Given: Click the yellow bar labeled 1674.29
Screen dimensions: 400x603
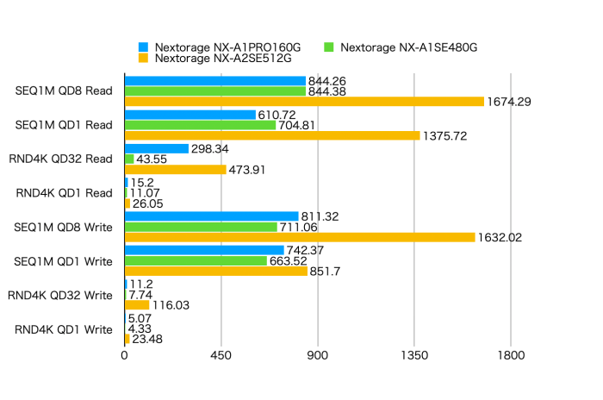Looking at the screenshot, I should click(304, 101).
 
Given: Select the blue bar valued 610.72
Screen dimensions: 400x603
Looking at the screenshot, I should click(190, 115).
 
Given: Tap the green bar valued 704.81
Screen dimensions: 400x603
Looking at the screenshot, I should click(200, 125).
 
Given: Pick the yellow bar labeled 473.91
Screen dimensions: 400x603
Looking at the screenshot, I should click(176, 169).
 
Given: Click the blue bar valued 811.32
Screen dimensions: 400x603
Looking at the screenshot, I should click(212, 216).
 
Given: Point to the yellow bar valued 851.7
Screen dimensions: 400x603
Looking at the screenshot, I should click(216, 271).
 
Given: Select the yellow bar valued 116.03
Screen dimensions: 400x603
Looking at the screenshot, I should click(137, 305).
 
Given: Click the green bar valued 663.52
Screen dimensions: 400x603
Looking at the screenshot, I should click(196, 260).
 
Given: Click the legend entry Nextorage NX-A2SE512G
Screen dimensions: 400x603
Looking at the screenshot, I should click(214, 59).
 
